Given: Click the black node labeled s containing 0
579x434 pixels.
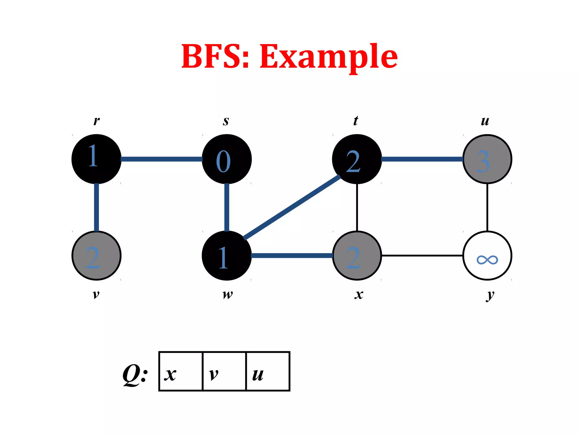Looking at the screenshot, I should [x=227, y=159].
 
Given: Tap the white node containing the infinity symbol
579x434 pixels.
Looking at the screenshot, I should [x=487, y=256].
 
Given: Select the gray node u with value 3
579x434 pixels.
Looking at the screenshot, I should [x=487, y=159].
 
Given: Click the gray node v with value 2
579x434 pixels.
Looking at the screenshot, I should [x=96, y=256].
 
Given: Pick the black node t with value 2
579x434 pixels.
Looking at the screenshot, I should [x=357, y=159].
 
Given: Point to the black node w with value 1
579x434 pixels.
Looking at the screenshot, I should [x=227, y=256].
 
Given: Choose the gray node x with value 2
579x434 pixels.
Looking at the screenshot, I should [x=357, y=256].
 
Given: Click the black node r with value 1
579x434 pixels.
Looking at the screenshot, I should [x=96, y=159].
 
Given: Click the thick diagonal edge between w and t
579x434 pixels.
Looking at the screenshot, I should [x=292, y=207].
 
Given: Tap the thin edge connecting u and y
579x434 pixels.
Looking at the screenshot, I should [x=487, y=207].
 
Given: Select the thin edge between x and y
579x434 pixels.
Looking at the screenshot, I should [x=422, y=255].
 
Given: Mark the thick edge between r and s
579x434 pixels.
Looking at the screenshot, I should [x=161, y=159].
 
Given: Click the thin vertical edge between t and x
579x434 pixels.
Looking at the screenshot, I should [x=357, y=207].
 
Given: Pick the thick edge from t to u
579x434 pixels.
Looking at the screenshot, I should [x=422, y=159].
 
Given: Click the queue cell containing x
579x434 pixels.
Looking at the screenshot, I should [x=181, y=371].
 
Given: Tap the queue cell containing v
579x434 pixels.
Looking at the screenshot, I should [x=224, y=371].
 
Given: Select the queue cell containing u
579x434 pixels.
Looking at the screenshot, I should [x=268, y=371].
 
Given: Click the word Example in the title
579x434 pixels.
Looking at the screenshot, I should [x=329, y=57].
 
